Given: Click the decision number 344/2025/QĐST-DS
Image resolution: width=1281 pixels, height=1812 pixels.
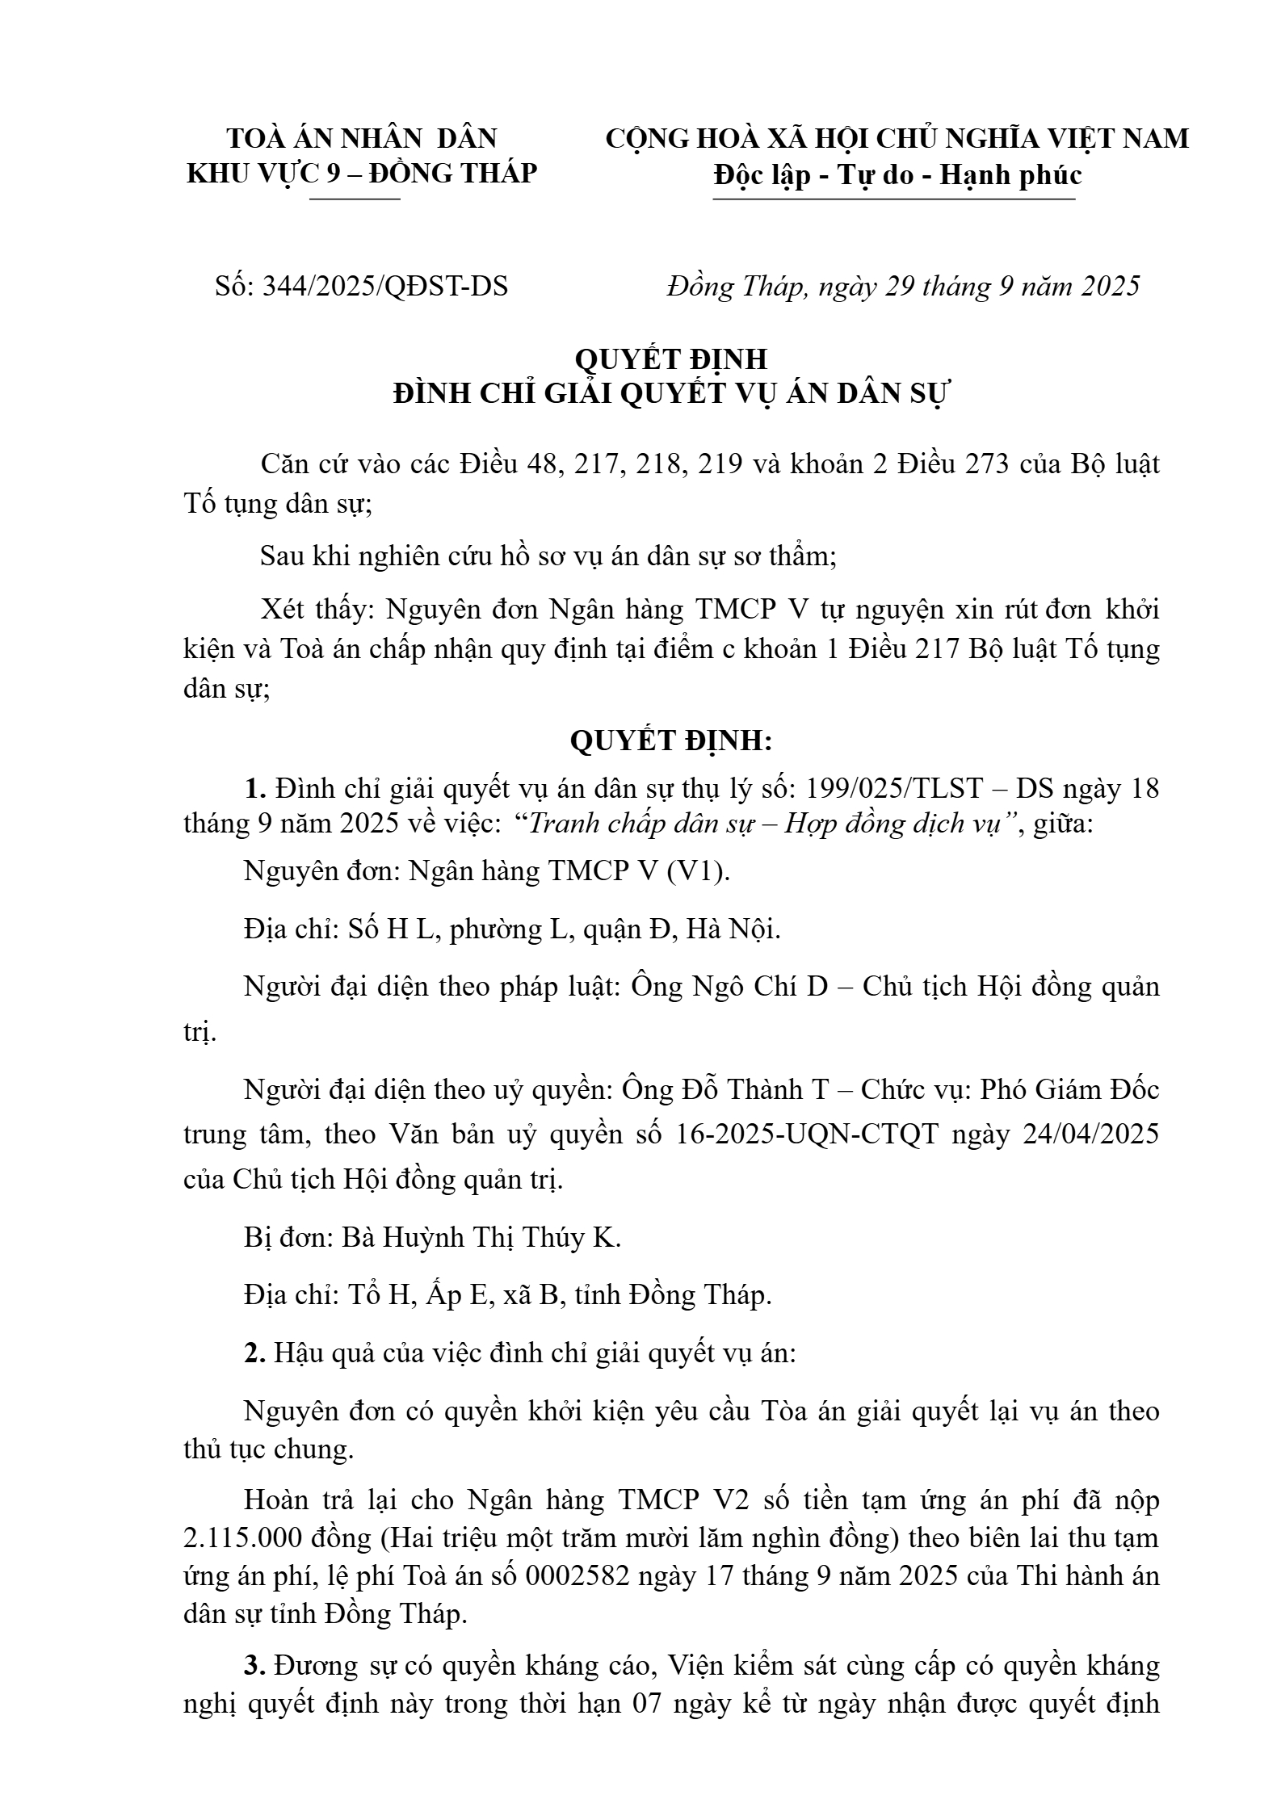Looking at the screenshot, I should tap(385, 286).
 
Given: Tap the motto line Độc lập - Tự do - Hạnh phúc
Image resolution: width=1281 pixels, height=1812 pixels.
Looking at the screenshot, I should tap(897, 174).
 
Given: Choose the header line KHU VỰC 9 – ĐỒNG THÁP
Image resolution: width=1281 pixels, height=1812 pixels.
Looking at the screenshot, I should tap(362, 173).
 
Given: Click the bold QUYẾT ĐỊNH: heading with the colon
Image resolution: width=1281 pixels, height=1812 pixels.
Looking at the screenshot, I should tap(671, 740).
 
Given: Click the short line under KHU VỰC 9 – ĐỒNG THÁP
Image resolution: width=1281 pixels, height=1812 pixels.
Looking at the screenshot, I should tap(355, 199).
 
